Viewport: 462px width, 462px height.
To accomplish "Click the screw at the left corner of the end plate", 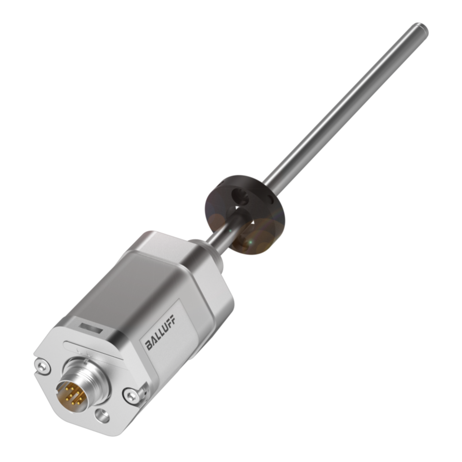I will tap(42, 366).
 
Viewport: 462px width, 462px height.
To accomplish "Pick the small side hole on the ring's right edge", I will tap(270, 197).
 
